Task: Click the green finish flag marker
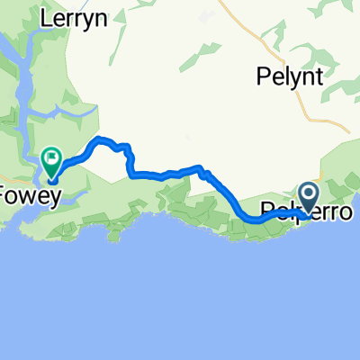pyautogui.click(x=50, y=161)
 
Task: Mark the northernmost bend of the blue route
pyautogui.click(x=101, y=139)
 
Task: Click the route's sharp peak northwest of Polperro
pyautogui.click(x=203, y=167)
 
